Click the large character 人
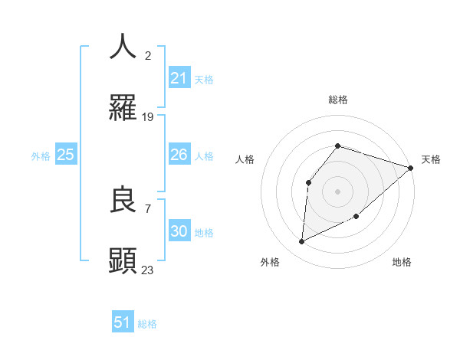point(123,47)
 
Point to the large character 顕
point(123,260)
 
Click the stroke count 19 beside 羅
point(148,117)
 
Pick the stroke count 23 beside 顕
point(148,270)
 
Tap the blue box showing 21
point(179,78)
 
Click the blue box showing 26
point(179,155)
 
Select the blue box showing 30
point(179,231)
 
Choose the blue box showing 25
point(66,155)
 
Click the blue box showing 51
point(123,322)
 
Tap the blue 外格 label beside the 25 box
point(41,156)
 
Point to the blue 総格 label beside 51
point(147,324)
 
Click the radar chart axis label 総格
point(337,100)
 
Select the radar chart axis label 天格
point(432,159)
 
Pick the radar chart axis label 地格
point(402,262)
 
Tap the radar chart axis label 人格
point(245,159)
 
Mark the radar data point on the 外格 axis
point(301,242)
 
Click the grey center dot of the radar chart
point(337,191)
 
